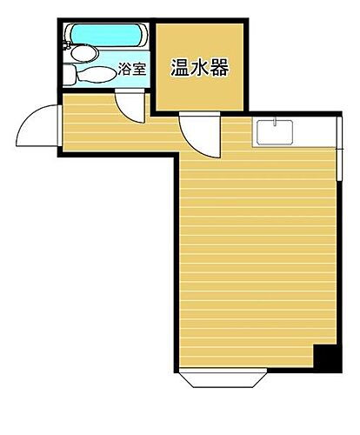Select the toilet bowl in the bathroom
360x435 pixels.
coord(98,74)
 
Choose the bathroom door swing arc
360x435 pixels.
coord(130,107)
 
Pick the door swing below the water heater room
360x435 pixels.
coord(194,133)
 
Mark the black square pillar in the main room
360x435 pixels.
coord(323,356)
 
